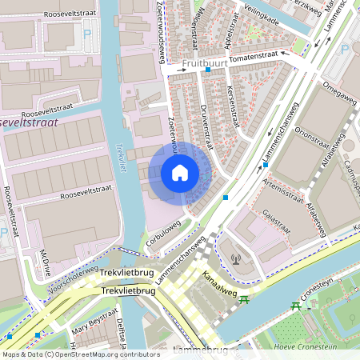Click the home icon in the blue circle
pos(180,171)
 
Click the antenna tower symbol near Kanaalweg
pos(235,258)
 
